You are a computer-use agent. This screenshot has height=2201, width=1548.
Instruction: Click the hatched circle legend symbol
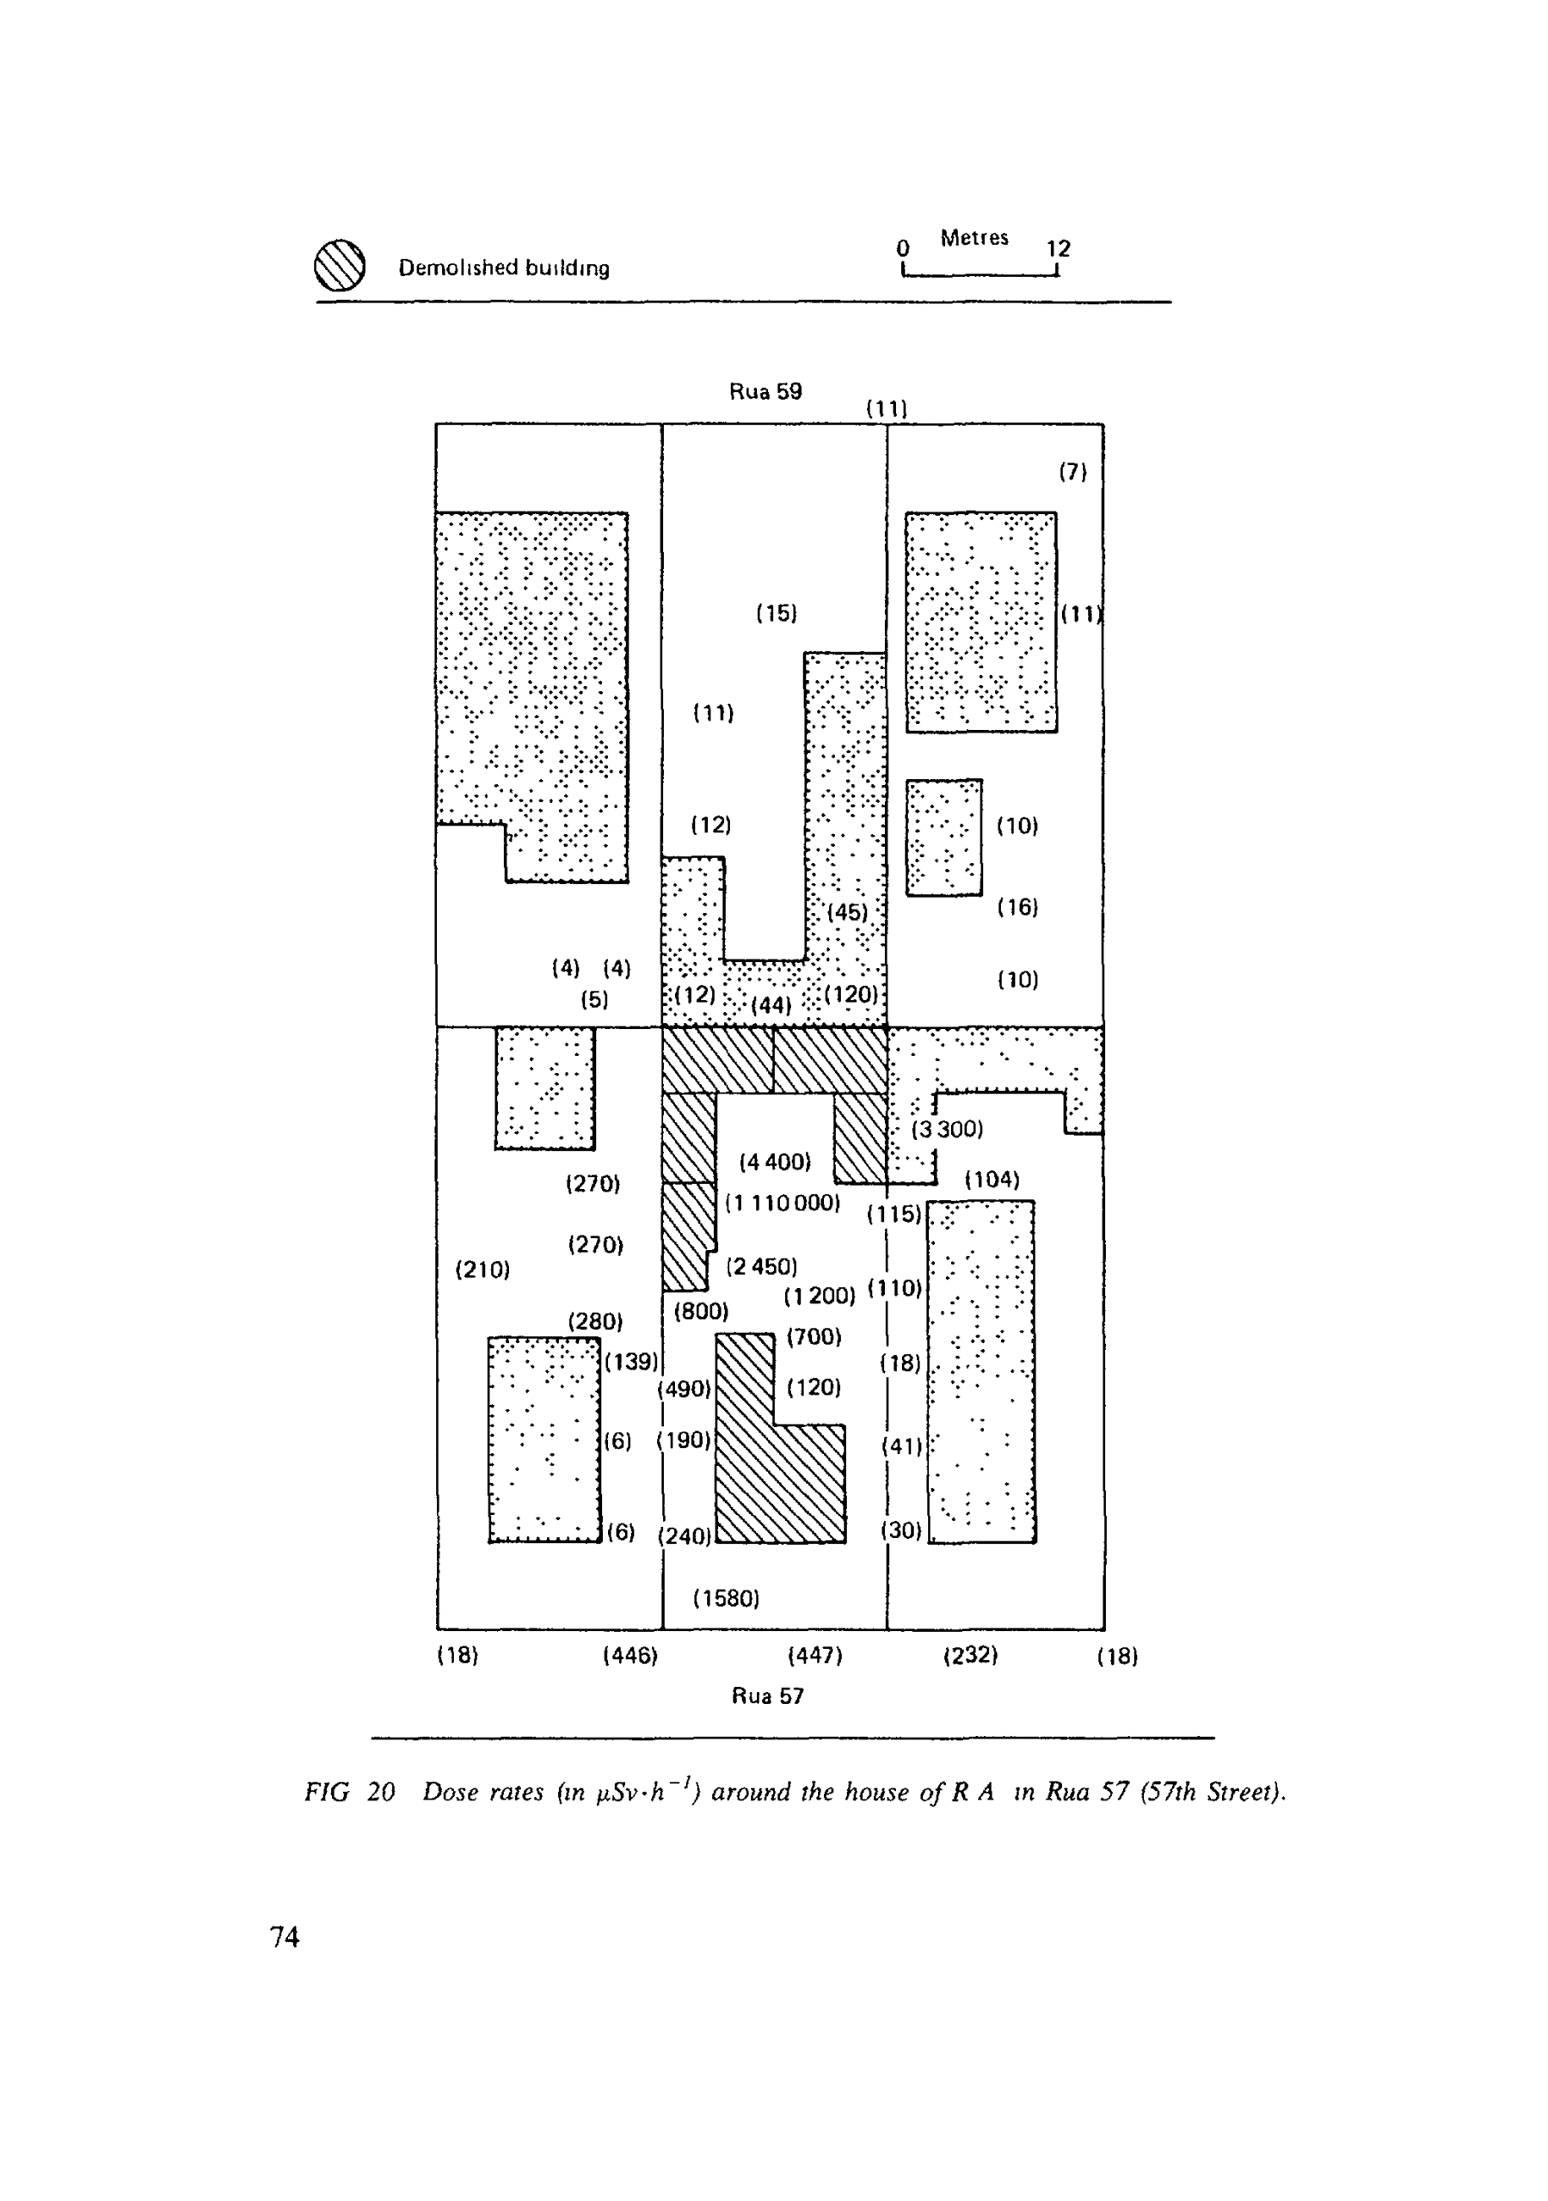340,266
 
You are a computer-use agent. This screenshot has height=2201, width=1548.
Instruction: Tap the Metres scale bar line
980,276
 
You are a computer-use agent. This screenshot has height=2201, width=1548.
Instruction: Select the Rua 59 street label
765,391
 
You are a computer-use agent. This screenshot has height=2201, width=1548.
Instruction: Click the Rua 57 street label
767,1695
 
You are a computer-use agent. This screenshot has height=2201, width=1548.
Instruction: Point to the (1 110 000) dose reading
782,1202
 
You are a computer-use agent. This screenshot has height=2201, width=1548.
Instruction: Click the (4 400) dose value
775,1162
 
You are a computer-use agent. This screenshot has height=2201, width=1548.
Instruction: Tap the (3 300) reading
948,1129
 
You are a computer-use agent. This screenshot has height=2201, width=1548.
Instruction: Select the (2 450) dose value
762,1266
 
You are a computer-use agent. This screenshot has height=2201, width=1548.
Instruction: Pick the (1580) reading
726,1598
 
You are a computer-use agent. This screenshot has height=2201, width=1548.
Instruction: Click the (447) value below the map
814,1656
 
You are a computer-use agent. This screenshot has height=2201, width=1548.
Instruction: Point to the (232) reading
971,1656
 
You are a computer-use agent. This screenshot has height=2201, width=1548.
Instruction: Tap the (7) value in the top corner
1073,472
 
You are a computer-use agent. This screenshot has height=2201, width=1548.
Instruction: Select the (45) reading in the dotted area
848,911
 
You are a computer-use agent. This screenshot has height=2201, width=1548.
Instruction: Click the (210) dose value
482,1270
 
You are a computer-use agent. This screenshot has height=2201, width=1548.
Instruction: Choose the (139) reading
631,1361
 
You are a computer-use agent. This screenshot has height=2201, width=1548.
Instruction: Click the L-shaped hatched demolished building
767,1467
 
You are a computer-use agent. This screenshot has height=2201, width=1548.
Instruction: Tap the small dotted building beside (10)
943,837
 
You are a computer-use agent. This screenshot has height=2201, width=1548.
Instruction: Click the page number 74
285,1937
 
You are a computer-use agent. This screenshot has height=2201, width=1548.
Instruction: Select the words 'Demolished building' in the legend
504,267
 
